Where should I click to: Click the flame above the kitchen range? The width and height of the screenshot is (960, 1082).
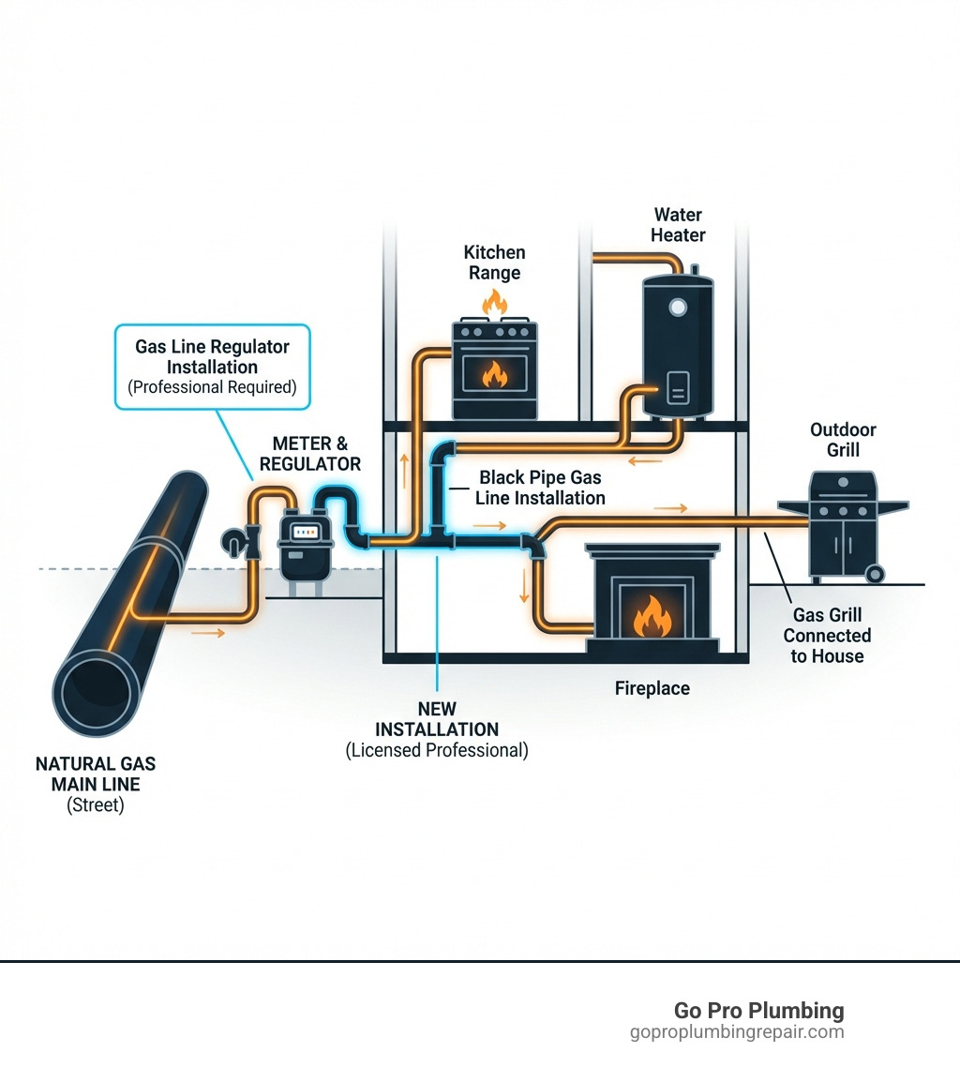[493, 302]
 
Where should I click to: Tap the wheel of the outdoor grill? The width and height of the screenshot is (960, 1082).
[874, 573]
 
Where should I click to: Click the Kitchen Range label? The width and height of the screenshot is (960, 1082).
[494, 263]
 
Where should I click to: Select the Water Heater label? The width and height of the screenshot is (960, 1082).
[678, 225]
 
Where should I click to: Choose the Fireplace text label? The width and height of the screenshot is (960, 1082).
[652, 688]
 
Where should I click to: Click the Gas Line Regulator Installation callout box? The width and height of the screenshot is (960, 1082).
[212, 367]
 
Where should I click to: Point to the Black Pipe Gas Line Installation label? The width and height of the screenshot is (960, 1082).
[539, 488]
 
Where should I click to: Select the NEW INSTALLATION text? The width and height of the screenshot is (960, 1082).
[437, 719]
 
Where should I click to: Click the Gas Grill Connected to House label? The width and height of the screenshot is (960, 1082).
[827, 636]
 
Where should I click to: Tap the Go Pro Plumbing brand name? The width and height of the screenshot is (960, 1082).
[758, 1011]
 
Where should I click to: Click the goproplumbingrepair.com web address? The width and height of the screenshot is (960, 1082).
[737, 1032]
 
